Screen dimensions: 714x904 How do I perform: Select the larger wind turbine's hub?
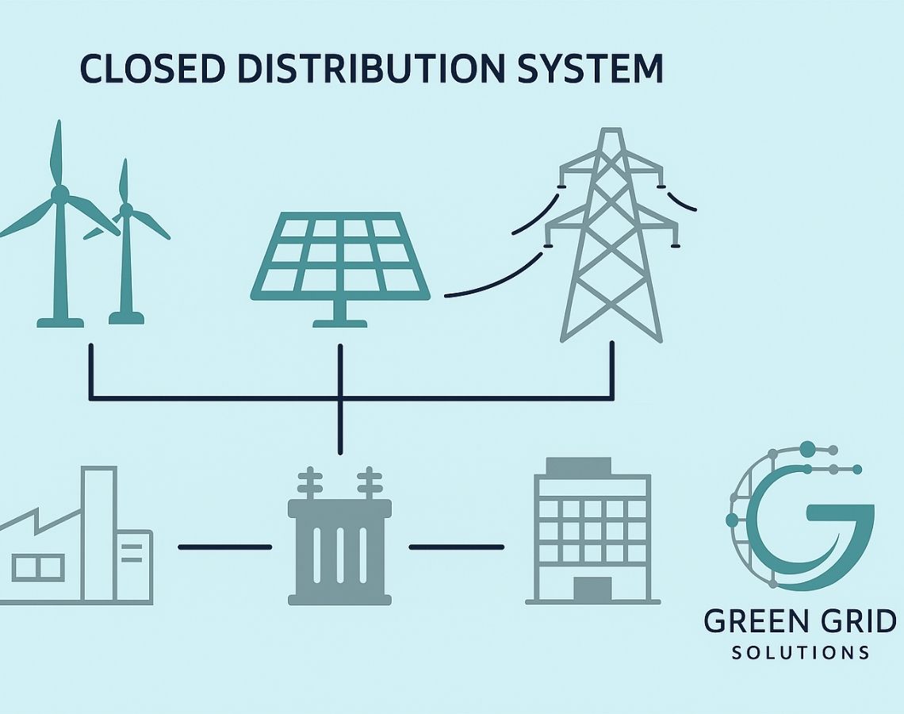point(59,194)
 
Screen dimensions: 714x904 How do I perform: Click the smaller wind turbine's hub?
point(125,209)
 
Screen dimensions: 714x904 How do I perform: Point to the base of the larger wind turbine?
point(60,321)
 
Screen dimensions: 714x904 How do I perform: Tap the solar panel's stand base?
point(340,322)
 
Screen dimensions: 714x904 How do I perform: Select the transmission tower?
point(611,238)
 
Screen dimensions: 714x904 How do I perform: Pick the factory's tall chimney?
point(99,532)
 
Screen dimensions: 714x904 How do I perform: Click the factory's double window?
point(37,566)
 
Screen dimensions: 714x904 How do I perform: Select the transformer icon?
point(339,547)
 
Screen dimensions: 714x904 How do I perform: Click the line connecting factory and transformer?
point(225,547)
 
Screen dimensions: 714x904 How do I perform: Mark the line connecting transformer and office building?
point(456,547)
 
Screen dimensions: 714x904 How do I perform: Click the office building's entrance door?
point(592,589)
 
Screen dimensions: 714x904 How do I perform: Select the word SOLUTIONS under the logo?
point(800,653)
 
